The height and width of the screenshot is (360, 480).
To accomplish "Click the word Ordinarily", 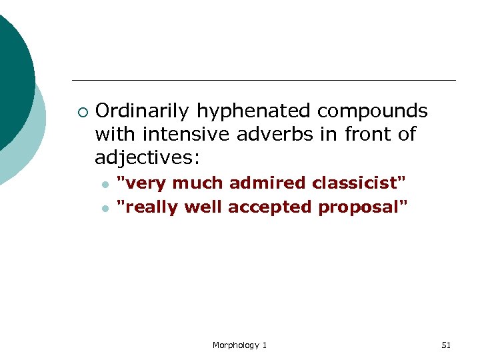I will tap(135, 111).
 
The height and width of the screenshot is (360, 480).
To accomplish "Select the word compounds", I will tap(373, 111).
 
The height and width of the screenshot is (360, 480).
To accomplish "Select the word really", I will tap(152, 207).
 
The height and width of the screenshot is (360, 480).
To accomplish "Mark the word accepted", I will tap(270, 207).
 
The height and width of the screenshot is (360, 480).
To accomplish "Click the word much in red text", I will tap(199, 183).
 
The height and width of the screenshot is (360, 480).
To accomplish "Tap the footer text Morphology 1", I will tap(239, 345).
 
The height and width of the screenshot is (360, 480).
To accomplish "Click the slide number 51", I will tap(446, 345).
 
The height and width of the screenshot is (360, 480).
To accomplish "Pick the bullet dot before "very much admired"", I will tap(105, 184).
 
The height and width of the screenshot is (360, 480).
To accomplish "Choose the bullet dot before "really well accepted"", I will tap(105, 209).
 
